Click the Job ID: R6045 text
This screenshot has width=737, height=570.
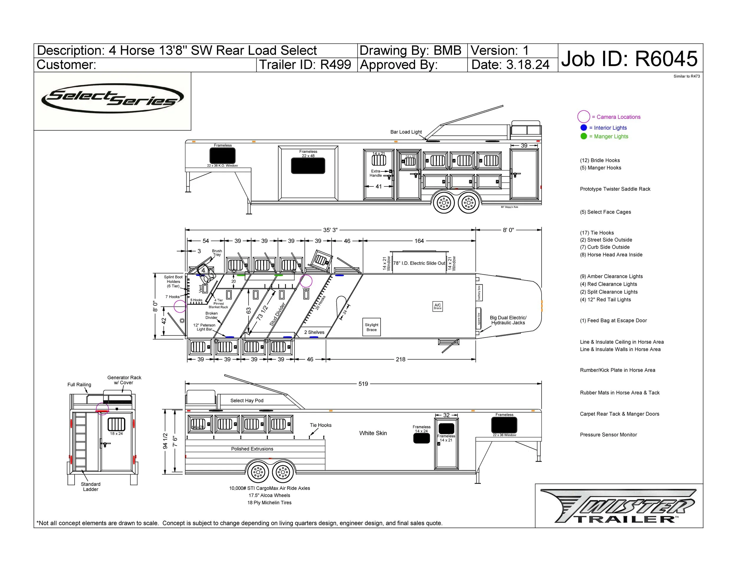pos(629,59)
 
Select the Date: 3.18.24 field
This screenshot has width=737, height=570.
pos(510,65)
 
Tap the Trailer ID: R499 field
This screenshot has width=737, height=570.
pos(305,65)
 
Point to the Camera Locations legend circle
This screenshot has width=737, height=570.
pos(583,117)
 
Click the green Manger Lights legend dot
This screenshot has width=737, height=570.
pos(583,136)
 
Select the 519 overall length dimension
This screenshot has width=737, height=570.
pos(363,384)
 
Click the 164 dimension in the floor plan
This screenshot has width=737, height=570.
pos(419,241)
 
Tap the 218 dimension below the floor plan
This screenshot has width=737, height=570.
pos(400,359)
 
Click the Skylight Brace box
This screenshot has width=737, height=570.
pos(371,327)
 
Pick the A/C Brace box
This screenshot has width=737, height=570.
pos(437,306)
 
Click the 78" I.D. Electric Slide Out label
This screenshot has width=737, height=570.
pos(419,263)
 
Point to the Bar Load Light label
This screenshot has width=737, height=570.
pos(406,132)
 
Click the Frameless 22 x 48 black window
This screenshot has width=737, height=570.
pos(308,166)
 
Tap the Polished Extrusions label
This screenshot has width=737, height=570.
pos(252,449)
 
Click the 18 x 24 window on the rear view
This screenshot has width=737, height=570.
pos(116,425)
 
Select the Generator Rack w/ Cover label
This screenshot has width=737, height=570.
pos(124,380)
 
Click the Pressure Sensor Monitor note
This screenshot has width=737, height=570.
pos(608,435)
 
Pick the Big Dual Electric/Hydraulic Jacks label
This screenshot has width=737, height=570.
pos(508,320)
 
